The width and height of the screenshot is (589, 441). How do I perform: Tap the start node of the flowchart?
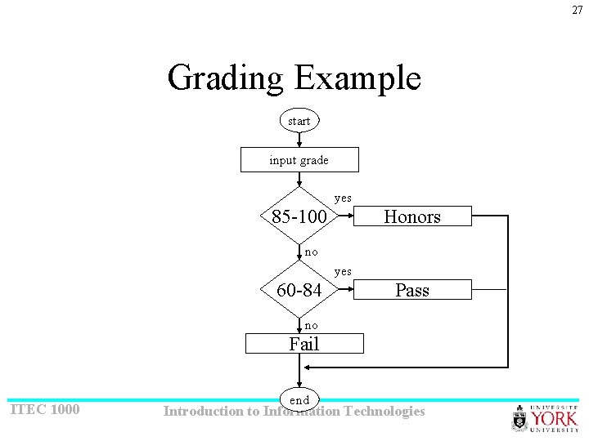[x=299, y=121]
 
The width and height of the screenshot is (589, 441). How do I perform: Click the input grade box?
[x=299, y=160]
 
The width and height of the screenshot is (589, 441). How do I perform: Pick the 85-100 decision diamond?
[x=299, y=217]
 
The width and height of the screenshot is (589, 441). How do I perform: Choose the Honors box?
[x=412, y=216]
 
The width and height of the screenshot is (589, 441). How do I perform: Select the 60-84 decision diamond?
[x=299, y=290]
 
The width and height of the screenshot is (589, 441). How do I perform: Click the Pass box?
[x=412, y=290]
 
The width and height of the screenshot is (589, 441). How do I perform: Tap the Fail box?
[x=304, y=344]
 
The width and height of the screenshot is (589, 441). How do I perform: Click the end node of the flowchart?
[x=299, y=399]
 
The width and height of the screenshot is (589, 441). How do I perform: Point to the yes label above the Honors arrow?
[x=343, y=198]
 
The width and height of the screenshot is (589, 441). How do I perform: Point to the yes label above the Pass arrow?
[x=343, y=271]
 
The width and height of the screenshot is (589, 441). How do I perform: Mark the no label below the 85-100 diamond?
[x=312, y=252]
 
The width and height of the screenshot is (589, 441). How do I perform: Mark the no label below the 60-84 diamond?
[x=312, y=325]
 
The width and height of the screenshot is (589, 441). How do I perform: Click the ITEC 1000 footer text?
[x=44, y=409]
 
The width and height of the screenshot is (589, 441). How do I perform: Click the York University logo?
[x=545, y=418]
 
